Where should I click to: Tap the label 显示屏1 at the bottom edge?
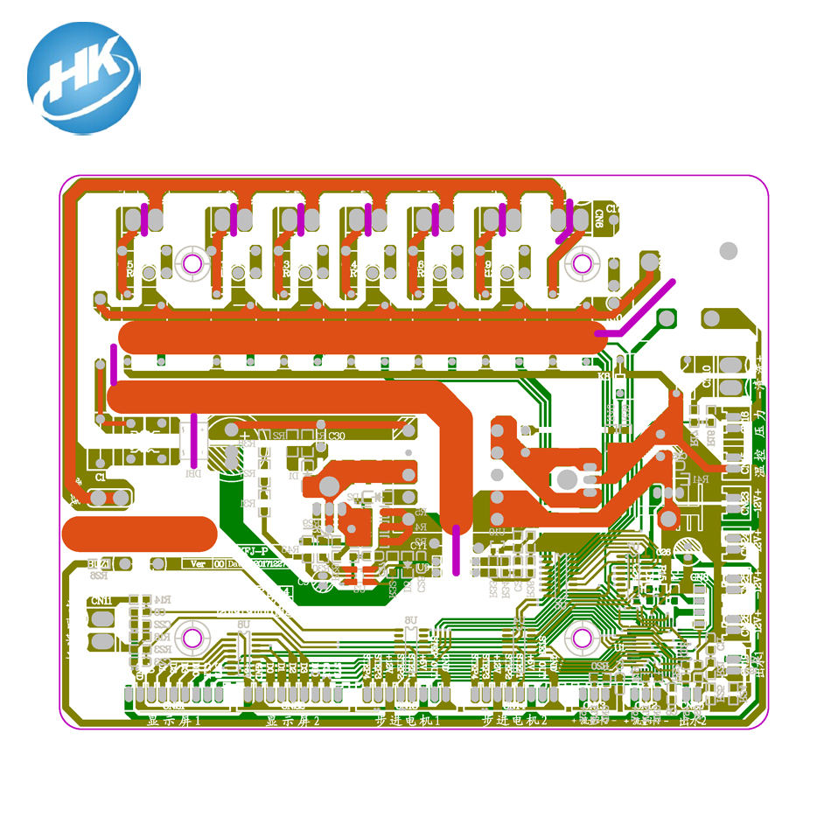[x=174, y=721]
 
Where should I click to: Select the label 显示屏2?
[x=292, y=721]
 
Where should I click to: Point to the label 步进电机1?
[x=408, y=721]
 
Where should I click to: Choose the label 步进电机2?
[x=514, y=721]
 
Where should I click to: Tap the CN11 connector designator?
[x=101, y=600]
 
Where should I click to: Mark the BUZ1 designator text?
[x=99, y=564]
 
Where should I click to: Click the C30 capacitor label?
[x=336, y=435]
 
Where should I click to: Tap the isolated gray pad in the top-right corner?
[x=728, y=251]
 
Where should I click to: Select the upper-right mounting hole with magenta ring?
[x=580, y=262]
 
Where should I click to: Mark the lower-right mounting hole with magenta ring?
[x=580, y=636]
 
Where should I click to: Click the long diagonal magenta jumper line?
[x=643, y=307]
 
